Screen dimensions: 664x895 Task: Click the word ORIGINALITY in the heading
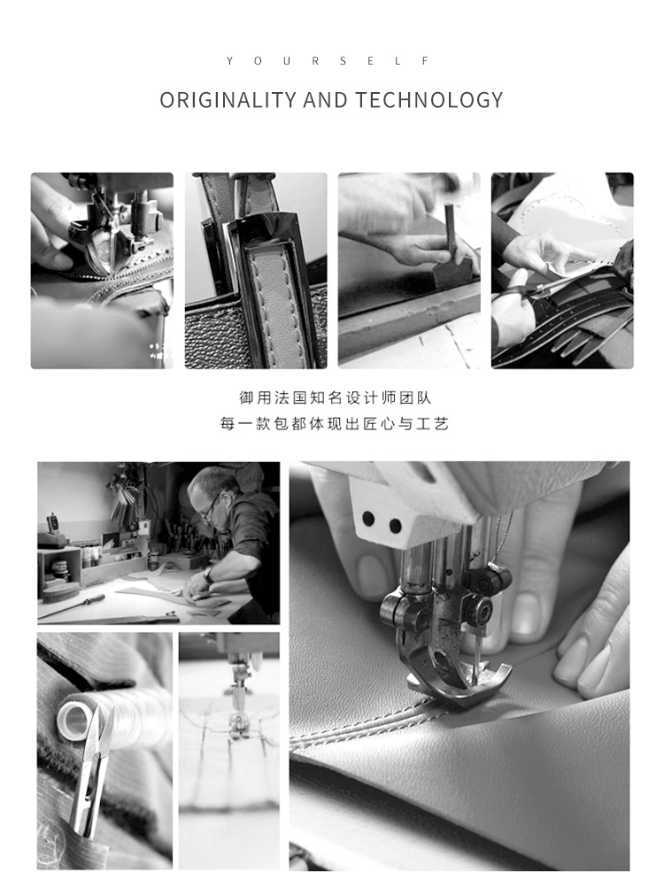point(228,100)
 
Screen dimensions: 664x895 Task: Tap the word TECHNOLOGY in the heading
point(429,100)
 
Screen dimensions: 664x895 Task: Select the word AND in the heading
point(326,100)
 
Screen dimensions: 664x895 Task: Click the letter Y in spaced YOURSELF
point(229,60)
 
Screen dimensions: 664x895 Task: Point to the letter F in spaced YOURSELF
point(426,60)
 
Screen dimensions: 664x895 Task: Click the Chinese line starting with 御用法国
point(335,397)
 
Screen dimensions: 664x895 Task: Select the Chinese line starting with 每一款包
point(335,423)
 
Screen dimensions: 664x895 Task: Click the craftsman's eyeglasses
point(210,508)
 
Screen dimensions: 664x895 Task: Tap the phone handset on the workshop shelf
point(52,524)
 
